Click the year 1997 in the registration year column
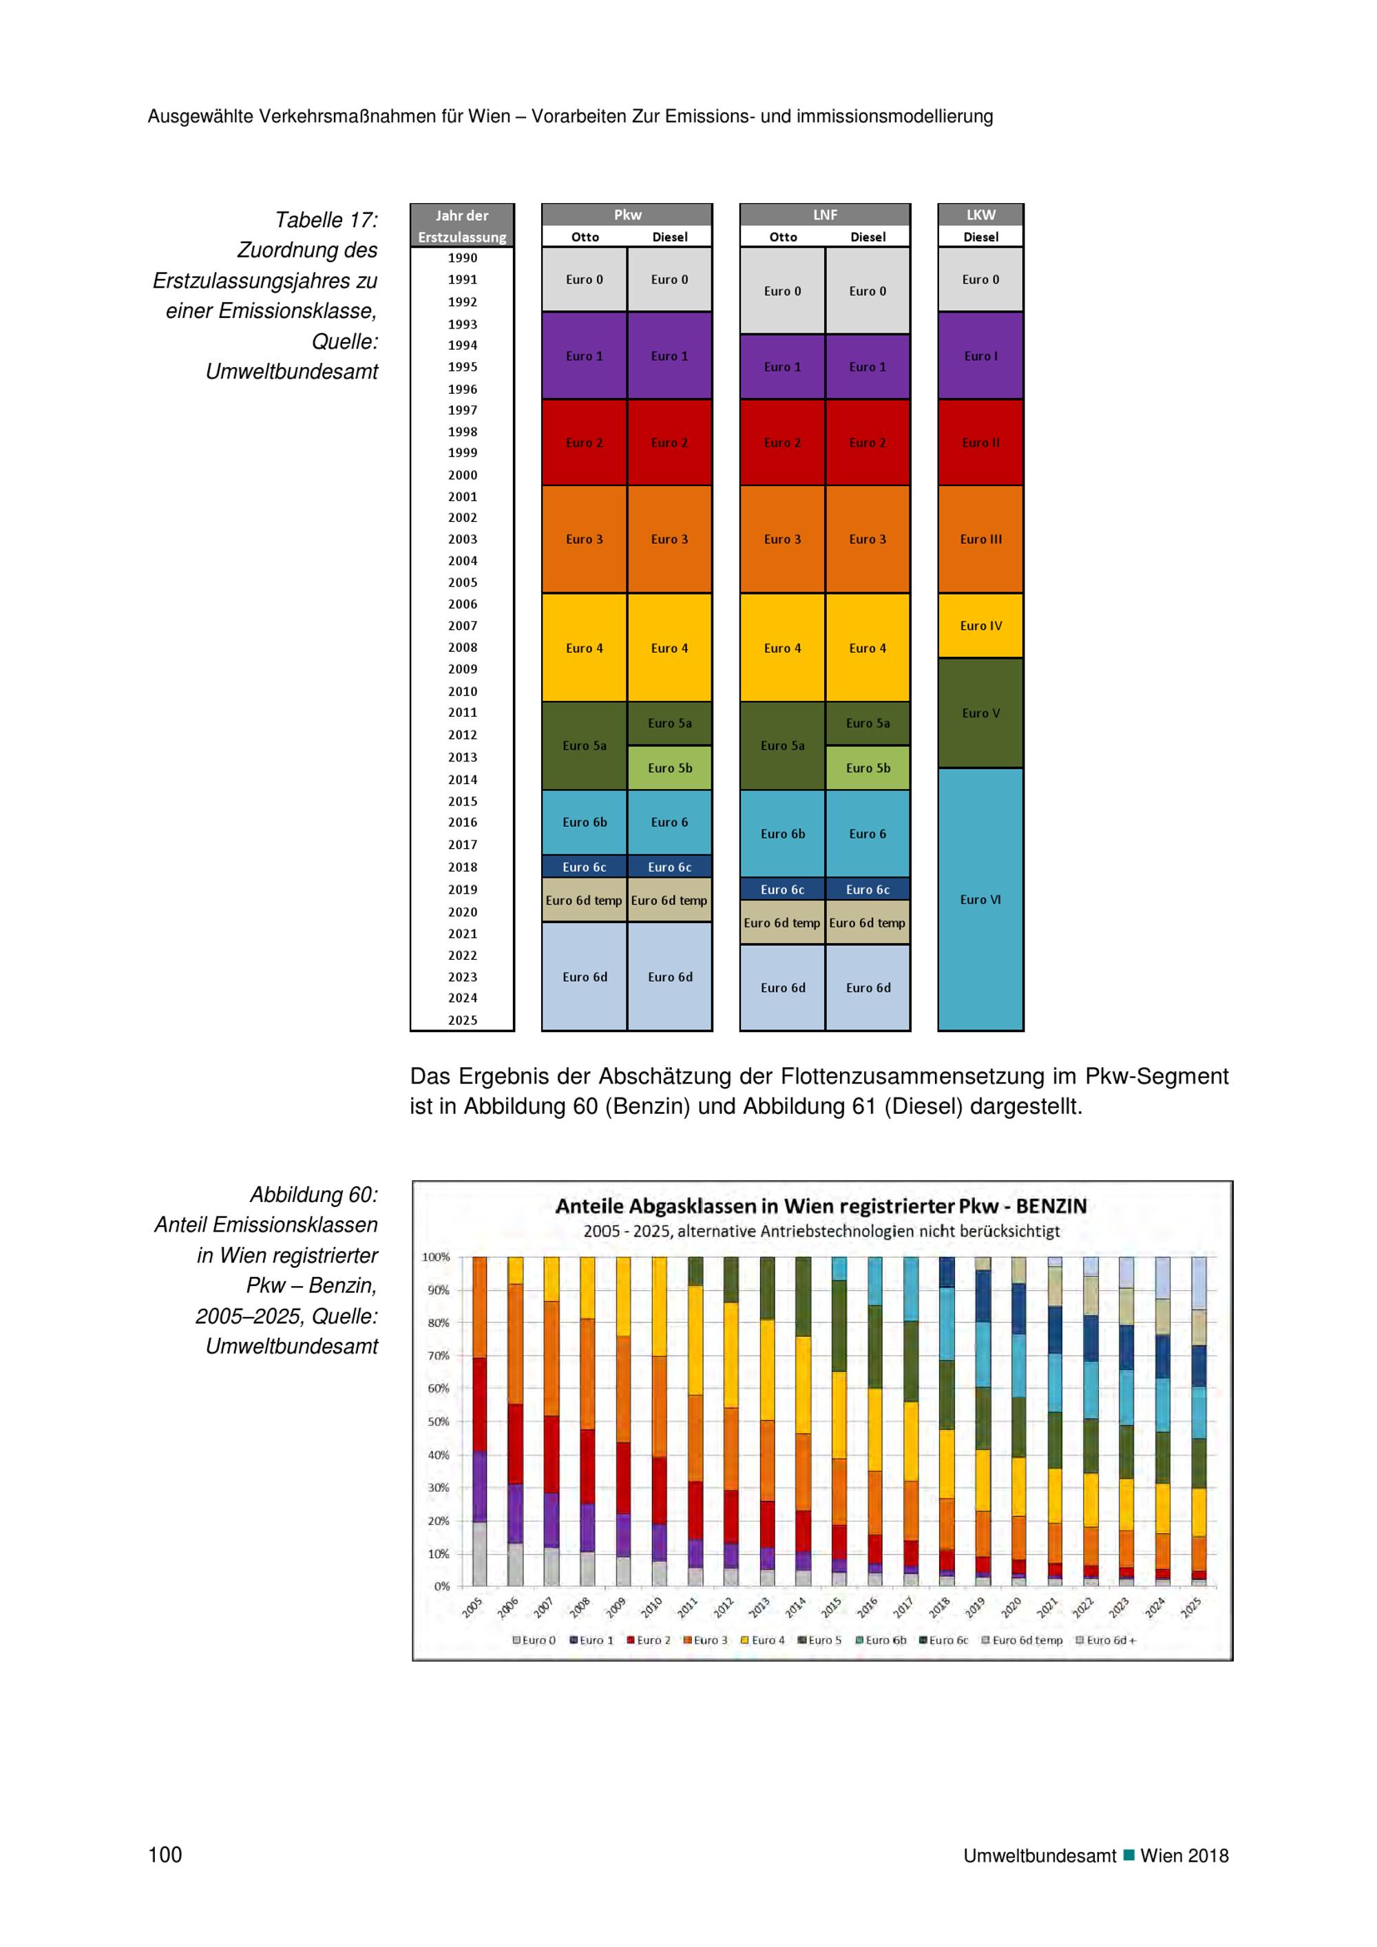point(462,410)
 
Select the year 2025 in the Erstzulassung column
point(462,1020)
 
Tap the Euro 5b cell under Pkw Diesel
point(670,768)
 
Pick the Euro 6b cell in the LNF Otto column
point(783,834)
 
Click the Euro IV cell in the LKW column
point(980,626)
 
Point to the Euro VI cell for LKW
point(980,900)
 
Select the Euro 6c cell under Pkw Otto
point(585,867)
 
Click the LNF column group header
point(825,215)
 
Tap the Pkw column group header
point(627,215)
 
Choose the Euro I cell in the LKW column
point(980,356)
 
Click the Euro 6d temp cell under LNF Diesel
point(868,923)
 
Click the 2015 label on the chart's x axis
point(832,1606)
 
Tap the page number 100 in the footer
point(165,1855)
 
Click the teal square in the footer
point(1128,1855)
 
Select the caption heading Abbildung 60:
point(314,1194)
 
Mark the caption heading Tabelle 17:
point(326,220)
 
